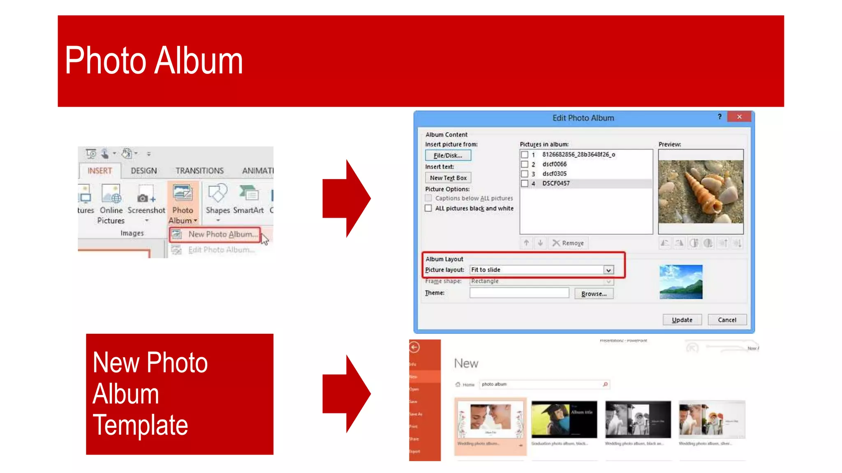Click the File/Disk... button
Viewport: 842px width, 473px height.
[448, 156]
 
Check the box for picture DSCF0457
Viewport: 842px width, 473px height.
[525, 184]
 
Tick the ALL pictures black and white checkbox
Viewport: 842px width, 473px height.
[428, 208]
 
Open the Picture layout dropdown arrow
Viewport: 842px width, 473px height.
[608, 270]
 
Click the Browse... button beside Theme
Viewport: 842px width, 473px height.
[594, 294]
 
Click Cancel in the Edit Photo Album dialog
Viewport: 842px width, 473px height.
[726, 320]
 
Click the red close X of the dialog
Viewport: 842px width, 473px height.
[739, 117]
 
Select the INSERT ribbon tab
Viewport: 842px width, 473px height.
[99, 171]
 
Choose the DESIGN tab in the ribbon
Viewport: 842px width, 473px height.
[143, 171]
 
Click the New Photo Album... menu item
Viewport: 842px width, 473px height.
[222, 234]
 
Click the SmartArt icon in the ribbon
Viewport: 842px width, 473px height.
[248, 194]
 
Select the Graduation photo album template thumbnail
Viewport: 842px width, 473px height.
[564, 419]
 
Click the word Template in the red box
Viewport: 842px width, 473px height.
[140, 425]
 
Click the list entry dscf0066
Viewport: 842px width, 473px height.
[554, 164]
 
